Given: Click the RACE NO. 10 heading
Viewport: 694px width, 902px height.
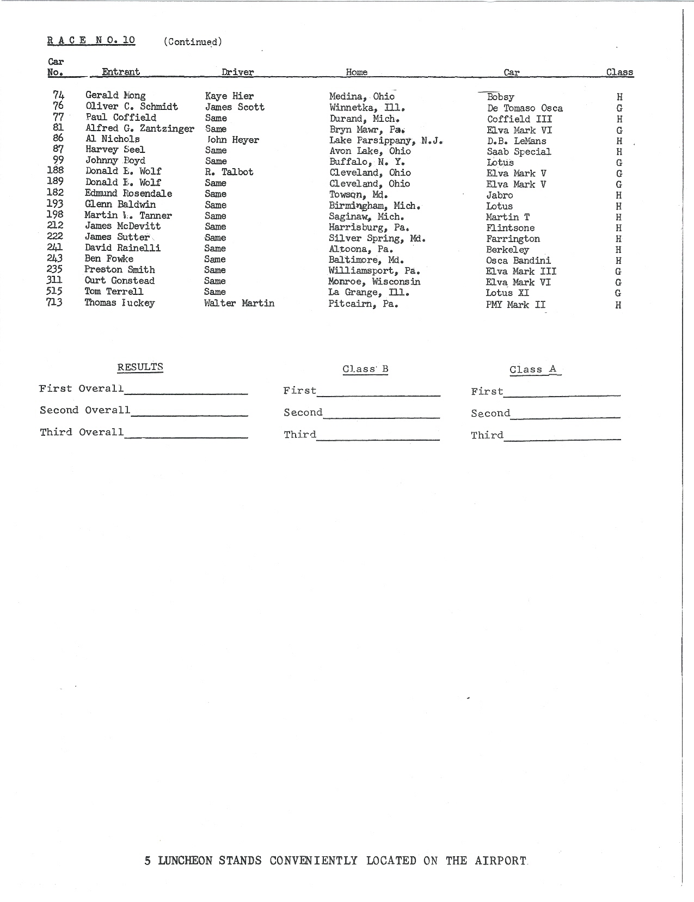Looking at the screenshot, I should click(x=91, y=40).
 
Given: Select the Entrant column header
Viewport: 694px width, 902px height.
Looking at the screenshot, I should click(x=121, y=72).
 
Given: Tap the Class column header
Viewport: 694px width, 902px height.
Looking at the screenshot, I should click(x=619, y=72).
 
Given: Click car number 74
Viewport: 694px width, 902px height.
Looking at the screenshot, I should click(x=58, y=95).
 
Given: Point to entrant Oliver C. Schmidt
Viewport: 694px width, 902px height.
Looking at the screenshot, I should click(x=132, y=107).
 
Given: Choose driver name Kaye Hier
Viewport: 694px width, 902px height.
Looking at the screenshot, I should click(x=229, y=96).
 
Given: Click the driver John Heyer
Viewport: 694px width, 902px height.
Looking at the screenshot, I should click(x=233, y=140).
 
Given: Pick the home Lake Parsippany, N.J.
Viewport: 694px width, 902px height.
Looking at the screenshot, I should click(x=385, y=140).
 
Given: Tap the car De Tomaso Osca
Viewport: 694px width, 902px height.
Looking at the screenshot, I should click(x=525, y=108).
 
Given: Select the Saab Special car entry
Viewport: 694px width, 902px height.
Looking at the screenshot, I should click(x=519, y=152).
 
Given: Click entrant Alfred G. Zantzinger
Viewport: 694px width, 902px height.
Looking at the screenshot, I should click(x=139, y=128).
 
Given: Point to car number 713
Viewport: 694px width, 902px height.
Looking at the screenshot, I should click(x=54, y=302).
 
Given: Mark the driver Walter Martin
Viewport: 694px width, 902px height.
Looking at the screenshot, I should click(x=239, y=303).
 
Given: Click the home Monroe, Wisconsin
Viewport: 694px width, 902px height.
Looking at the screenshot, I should click(x=374, y=281).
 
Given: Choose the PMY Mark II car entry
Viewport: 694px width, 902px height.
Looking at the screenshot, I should click(x=515, y=305).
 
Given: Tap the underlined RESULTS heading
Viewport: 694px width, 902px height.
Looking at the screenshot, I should click(x=140, y=367).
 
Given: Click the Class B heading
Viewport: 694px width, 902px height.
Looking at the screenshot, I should click(x=365, y=369).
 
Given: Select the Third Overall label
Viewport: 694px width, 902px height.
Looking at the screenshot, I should click(x=82, y=432).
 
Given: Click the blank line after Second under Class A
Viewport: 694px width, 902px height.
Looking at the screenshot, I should click(x=565, y=415).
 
